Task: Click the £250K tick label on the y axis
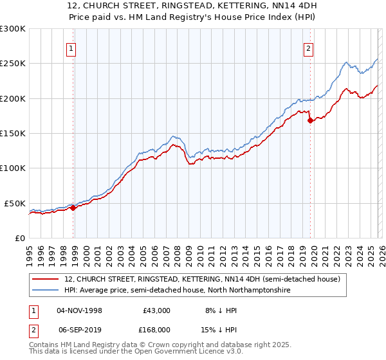point(13,64)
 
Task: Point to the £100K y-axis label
point(13,168)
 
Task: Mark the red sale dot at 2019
point(310,120)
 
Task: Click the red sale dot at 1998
point(73,208)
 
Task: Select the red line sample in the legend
point(46,279)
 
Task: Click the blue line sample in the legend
point(46,291)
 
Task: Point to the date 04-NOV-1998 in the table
point(79,310)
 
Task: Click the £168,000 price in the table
point(156,330)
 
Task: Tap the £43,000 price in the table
point(156,310)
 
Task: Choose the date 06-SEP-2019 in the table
point(79,330)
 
